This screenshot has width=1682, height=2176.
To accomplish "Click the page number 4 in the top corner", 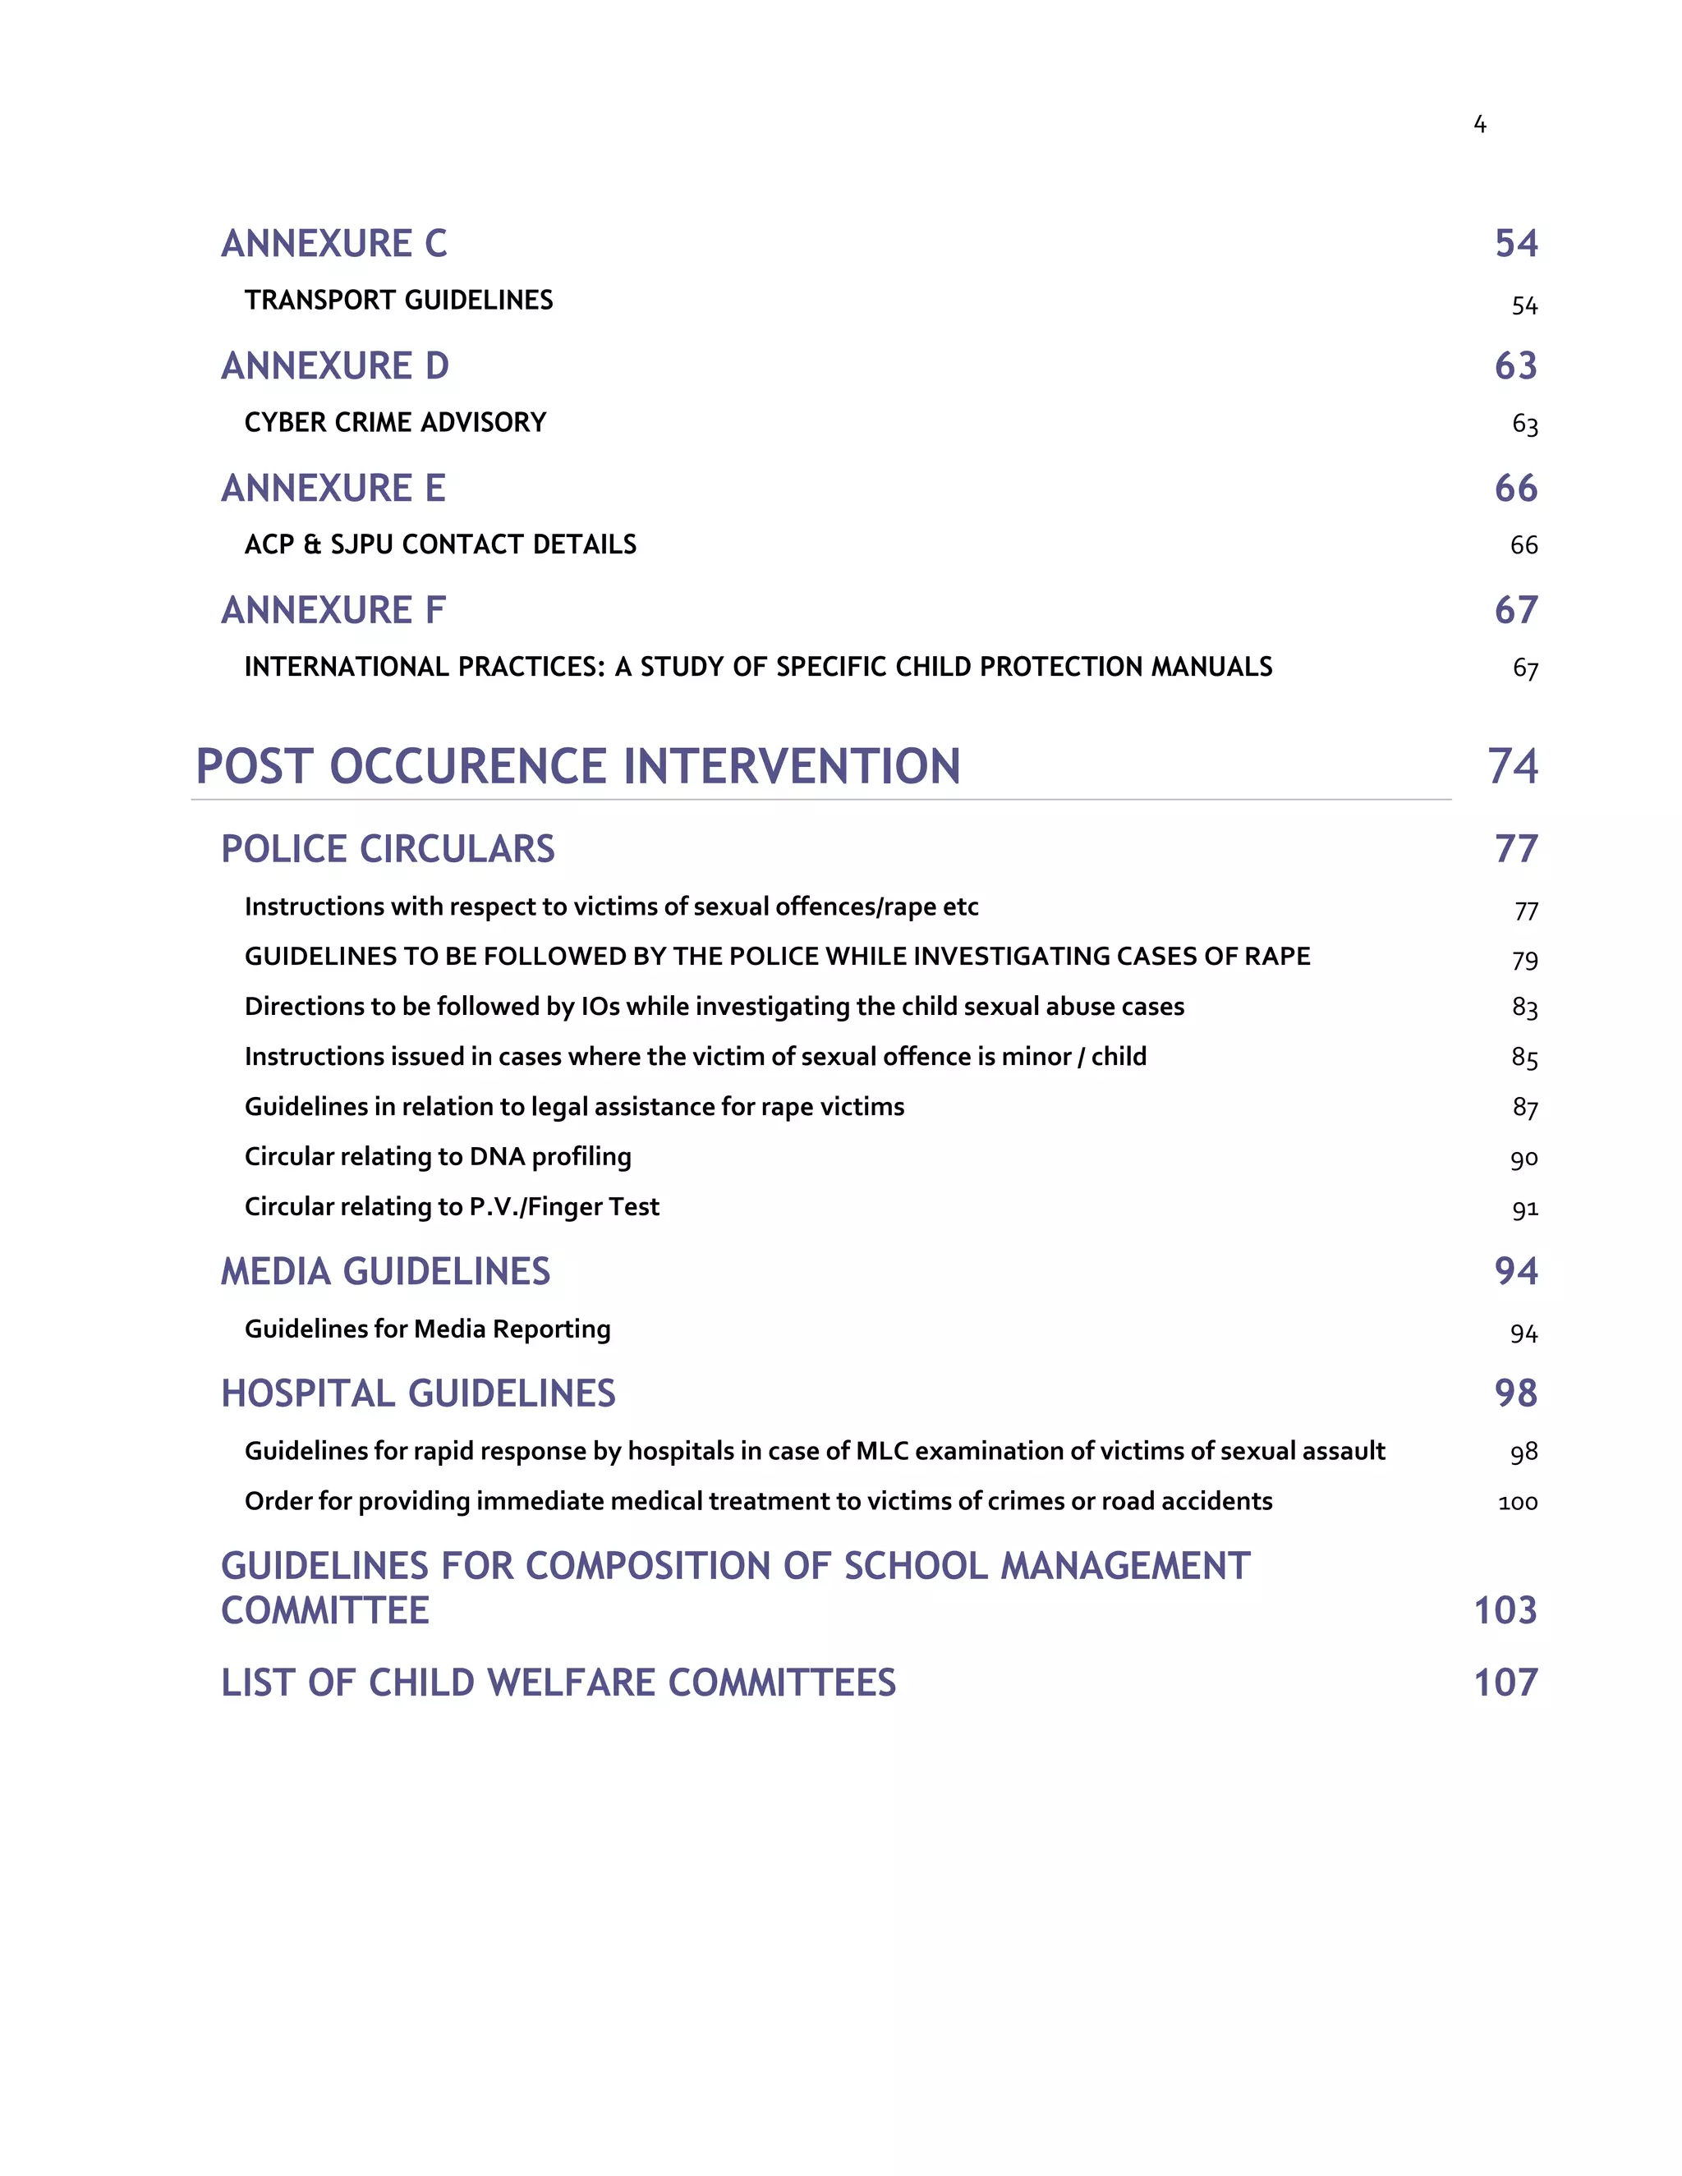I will (x=1480, y=125).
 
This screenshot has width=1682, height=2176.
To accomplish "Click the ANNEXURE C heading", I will (x=333, y=244).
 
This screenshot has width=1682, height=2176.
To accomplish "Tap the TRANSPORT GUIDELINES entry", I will (x=398, y=300).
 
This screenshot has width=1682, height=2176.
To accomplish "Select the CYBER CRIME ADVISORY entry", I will (x=396, y=422).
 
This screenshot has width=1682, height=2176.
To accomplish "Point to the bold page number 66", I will (x=1515, y=489).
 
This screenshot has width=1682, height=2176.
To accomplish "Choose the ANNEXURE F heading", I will (x=333, y=611).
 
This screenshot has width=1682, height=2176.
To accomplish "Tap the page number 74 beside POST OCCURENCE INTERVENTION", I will (x=1513, y=766).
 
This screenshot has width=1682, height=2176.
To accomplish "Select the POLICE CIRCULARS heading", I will (x=388, y=849).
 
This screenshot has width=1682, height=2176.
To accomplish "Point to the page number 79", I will (x=1524, y=961).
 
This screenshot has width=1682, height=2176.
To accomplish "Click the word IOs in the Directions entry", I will (x=600, y=1007).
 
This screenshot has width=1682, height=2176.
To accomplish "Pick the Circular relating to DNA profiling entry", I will (x=438, y=1157).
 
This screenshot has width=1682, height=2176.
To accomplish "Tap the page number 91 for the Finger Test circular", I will (x=1524, y=1210).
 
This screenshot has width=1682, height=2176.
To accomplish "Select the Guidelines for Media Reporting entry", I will (x=427, y=1329).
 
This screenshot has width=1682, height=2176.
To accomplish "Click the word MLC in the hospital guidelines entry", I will (x=882, y=1451).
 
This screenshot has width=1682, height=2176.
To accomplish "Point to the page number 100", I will (x=1518, y=1503).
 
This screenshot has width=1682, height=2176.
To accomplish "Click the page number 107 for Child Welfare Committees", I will (x=1505, y=1682).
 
